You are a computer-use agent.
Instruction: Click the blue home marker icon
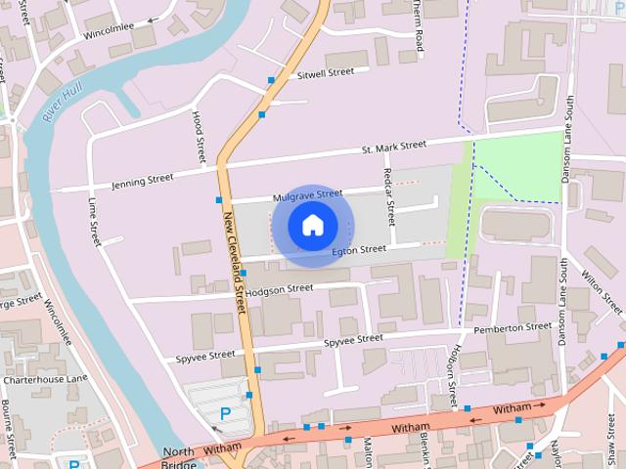coord(312,226)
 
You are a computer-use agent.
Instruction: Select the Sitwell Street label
coord(325,73)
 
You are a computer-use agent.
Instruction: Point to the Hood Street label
coord(199,136)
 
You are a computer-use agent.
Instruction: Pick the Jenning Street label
coord(142,180)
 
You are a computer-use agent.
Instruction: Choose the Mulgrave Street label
coord(308,195)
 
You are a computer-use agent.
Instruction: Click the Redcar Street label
coord(389,195)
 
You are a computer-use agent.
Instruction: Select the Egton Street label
coord(359,250)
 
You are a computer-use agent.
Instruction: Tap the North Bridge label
coord(179,457)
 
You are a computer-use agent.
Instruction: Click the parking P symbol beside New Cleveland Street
coord(225,414)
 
